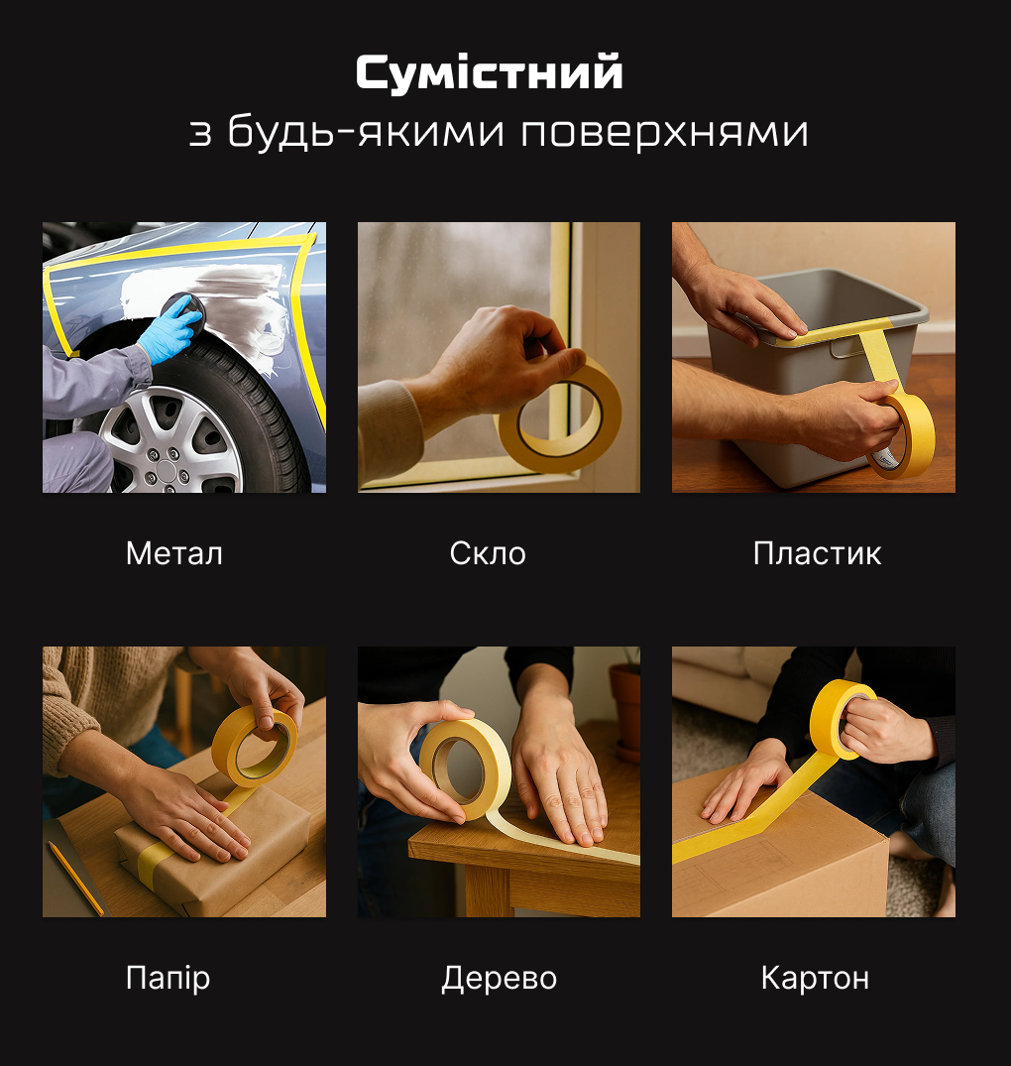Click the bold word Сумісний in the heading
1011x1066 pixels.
(x=489, y=73)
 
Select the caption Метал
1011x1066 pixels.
(x=174, y=553)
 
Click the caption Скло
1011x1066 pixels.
(x=488, y=553)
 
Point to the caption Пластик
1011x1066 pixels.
(x=817, y=553)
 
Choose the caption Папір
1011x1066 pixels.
(x=168, y=979)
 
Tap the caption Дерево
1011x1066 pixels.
(x=499, y=979)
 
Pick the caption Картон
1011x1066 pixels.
(x=815, y=979)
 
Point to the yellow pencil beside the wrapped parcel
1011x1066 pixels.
(x=75, y=877)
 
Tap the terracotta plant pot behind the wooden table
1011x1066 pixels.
(x=624, y=709)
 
